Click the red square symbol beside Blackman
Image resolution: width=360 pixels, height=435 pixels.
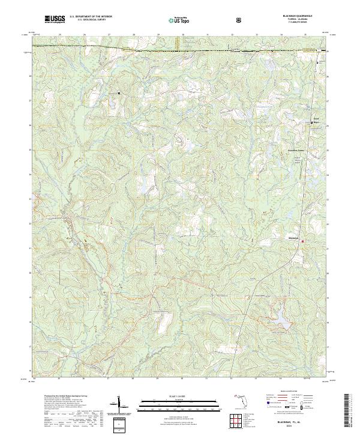click(x=302, y=242)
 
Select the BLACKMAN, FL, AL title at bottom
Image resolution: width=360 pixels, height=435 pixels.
click(x=298, y=422)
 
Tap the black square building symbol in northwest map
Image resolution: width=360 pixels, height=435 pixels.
click(x=119, y=93)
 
